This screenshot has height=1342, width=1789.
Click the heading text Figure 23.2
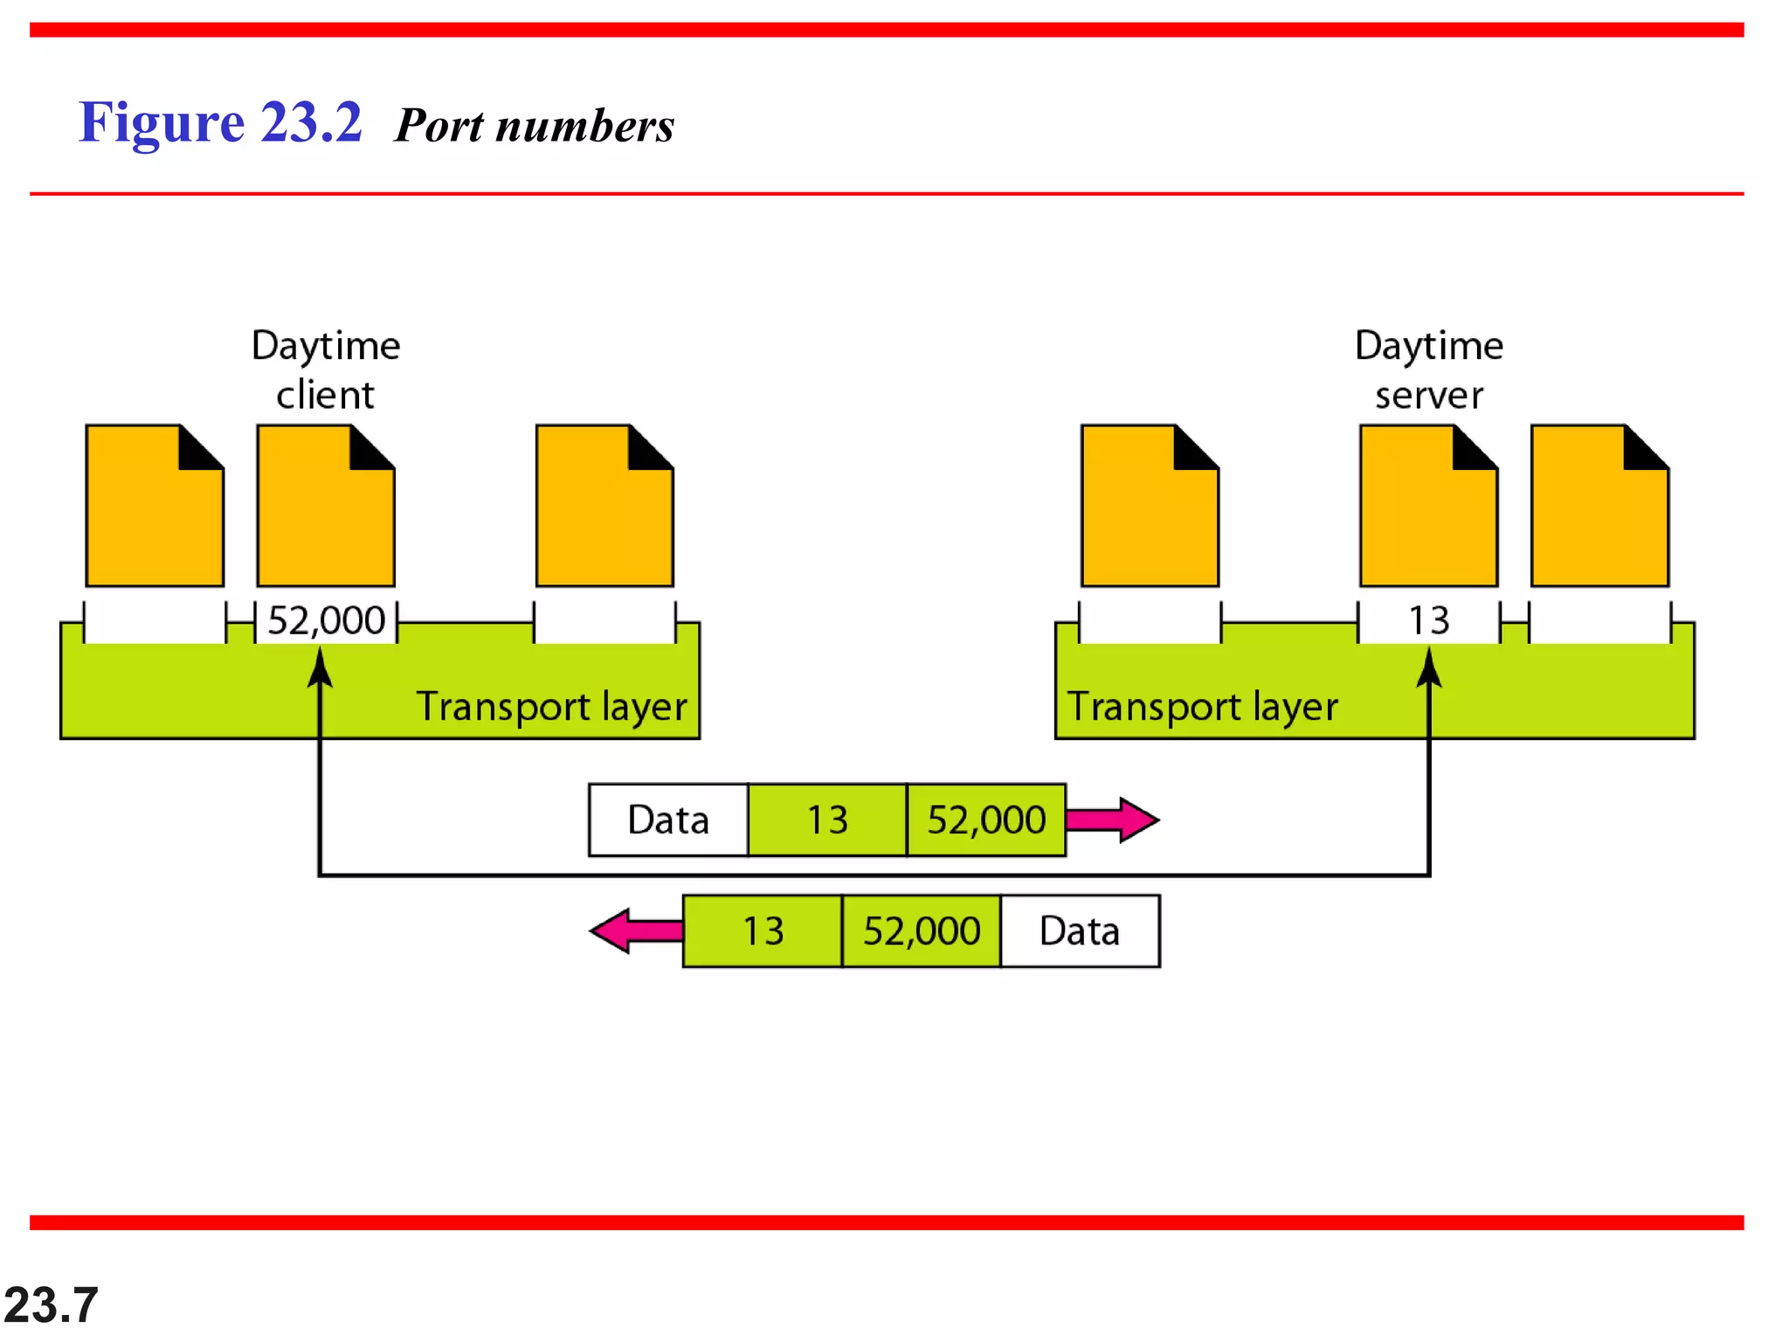click(220, 122)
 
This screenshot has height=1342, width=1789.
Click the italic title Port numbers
click(535, 126)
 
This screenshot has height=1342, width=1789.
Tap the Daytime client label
click(326, 370)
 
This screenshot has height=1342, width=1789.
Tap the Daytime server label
click(1429, 370)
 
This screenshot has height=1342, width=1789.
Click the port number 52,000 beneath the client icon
click(326, 621)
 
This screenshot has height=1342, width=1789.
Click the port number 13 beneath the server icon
click(1429, 621)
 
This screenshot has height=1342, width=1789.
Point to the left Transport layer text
click(551, 707)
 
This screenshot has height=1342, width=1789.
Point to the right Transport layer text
click(1203, 707)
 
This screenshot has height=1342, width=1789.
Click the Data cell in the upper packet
click(668, 820)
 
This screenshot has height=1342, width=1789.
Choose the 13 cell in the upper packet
click(827, 820)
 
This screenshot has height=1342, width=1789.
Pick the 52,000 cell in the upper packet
click(986, 820)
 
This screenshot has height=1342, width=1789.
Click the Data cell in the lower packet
click(1080, 931)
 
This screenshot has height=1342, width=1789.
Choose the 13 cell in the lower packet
click(763, 931)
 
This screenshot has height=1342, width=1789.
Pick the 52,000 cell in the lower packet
click(922, 931)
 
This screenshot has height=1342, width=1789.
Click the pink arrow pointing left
click(635, 931)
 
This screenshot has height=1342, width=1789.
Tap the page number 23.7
click(51, 1305)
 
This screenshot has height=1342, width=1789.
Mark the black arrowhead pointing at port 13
click(1429, 668)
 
